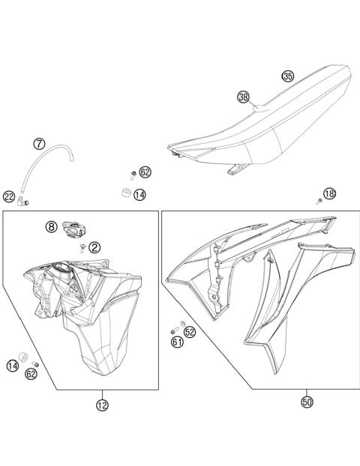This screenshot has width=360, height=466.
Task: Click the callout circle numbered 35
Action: tap(288, 76)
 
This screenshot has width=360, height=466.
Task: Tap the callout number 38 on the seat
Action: tap(243, 97)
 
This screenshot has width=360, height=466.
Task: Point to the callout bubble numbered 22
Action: tap(9, 197)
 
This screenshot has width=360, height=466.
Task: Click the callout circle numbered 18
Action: tap(330, 194)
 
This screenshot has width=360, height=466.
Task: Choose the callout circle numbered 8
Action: tap(51, 226)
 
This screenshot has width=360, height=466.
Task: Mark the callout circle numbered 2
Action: tap(94, 246)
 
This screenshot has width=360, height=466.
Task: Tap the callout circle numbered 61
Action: tap(178, 342)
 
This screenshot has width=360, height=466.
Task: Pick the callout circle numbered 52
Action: tap(190, 331)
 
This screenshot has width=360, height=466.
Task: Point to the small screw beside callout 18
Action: tap(319, 201)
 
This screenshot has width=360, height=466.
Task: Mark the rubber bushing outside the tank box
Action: tap(124, 194)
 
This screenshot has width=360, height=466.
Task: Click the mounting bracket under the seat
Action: tap(235, 171)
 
